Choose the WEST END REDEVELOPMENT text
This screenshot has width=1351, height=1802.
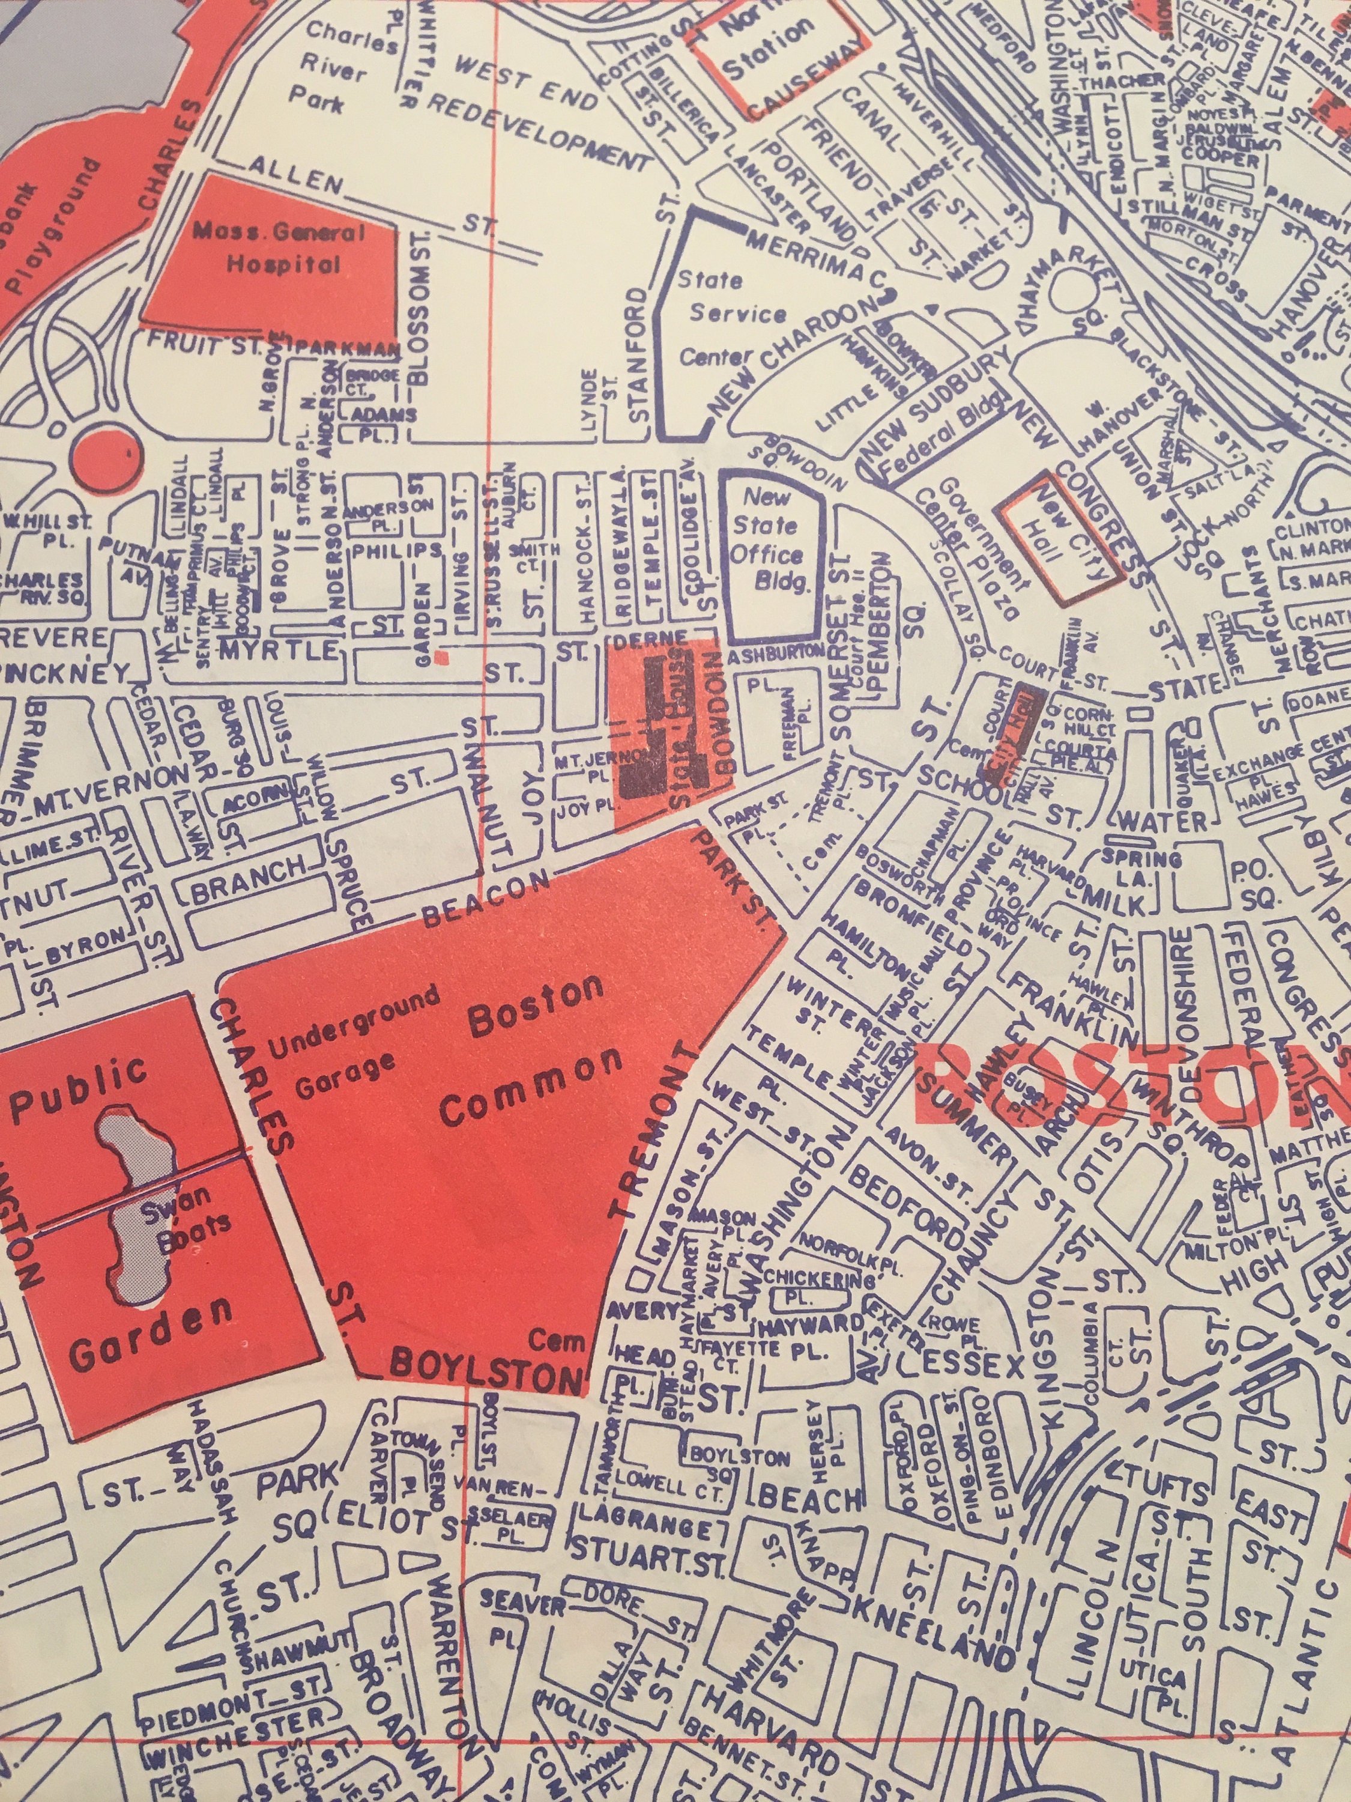(x=530, y=110)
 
